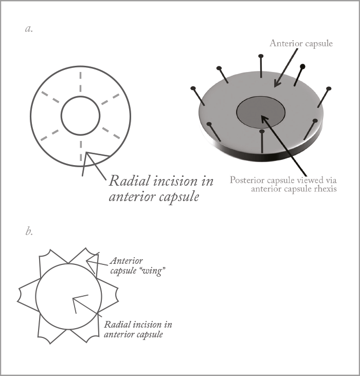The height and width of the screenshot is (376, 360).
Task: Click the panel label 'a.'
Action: [29, 29]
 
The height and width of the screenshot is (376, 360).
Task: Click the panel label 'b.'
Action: [29, 231]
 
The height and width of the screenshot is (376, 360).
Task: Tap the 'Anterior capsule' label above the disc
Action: [301, 43]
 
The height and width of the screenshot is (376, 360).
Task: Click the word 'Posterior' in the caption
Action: [247, 181]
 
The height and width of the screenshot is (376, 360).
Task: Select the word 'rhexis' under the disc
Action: [325, 189]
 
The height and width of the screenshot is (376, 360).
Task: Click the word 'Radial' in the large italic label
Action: [130, 181]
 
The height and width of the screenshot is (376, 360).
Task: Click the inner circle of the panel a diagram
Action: [80, 96]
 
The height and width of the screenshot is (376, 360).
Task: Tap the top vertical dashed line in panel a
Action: [81, 82]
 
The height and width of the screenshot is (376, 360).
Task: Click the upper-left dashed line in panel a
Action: [50, 97]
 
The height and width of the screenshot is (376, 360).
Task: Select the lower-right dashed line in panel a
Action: [111, 133]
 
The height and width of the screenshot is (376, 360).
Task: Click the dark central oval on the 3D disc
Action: [261, 112]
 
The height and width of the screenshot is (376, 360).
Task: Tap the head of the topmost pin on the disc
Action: [261, 56]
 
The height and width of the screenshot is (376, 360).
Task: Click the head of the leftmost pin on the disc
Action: [193, 88]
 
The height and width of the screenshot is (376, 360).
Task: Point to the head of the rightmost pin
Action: [329, 88]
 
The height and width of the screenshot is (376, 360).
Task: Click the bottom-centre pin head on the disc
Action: [262, 131]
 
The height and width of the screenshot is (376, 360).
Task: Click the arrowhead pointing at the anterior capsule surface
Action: [277, 83]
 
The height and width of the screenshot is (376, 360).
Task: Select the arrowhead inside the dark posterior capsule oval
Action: [264, 119]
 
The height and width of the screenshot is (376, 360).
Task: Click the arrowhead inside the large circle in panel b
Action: [78, 301]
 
